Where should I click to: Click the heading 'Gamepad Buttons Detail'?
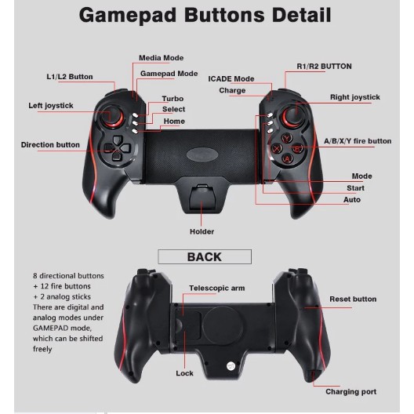tap(205, 15)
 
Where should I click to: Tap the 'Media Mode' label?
tap(161, 58)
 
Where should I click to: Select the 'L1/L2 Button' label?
tap(70, 77)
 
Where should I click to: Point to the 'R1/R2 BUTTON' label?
tap(325, 67)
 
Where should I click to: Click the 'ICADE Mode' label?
tap(231, 78)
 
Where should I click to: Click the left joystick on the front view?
tap(112, 115)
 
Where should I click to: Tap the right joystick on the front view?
tap(292, 115)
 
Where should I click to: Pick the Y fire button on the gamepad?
tap(287, 138)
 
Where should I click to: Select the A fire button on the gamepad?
tap(287, 158)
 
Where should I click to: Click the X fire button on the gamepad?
tap(277, 148)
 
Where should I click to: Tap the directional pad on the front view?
tap(117, 148)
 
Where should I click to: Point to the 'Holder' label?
tap(202, 231)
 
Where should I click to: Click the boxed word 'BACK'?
tap(205, 257)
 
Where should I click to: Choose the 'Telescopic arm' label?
tap(216, 288)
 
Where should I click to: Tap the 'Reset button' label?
tap(353, 300)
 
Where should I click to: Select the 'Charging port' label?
tap(350, 392)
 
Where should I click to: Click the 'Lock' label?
tap(184, 373)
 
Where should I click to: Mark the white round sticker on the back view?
tap(231, 366)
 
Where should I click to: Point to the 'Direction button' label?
tap(50, 145)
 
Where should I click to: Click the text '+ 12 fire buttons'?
tap(62, 286)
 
